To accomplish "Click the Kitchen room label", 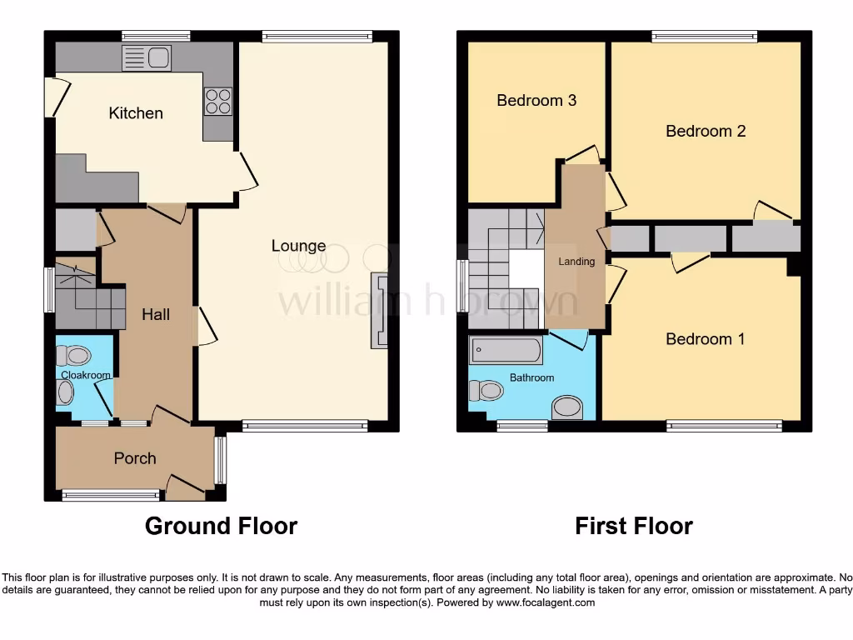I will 136,113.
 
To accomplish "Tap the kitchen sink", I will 147,58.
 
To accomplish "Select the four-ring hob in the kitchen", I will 217,101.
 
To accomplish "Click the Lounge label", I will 298,246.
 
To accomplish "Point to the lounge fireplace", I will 379,309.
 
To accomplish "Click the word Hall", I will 156,314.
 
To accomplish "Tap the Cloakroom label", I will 85,376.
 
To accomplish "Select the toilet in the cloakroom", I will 74,356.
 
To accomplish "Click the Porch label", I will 135,458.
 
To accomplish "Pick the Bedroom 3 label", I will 536,101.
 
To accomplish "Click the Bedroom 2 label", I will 706,131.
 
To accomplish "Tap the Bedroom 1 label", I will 705,339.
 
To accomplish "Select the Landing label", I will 576,262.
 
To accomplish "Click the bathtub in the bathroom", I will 506,350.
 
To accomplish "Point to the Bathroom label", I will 531,378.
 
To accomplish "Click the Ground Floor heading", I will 221,526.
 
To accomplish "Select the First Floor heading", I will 634,526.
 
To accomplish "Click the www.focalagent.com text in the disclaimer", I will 546,602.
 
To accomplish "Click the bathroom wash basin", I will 568,407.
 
